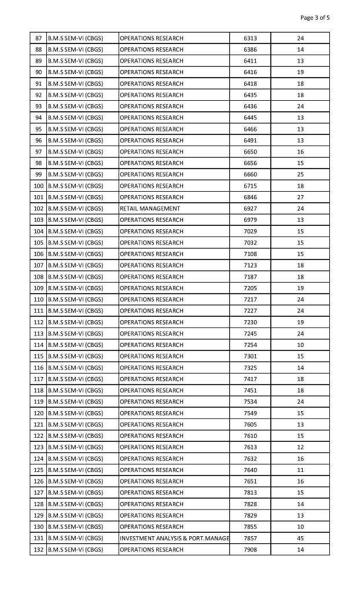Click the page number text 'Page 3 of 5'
(315, 17)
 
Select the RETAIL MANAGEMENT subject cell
(150, 208)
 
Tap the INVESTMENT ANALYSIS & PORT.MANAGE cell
(174, 539)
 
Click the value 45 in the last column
(300, 539)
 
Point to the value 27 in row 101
(300, 197)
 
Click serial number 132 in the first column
(39, 550)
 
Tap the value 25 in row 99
(300, 174)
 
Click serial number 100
(39, 186)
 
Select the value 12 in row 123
(300, 447)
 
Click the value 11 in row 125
(300, 470)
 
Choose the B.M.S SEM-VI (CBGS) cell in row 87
(75, 38)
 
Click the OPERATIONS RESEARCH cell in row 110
(152, 299)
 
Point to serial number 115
(39, 356)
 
